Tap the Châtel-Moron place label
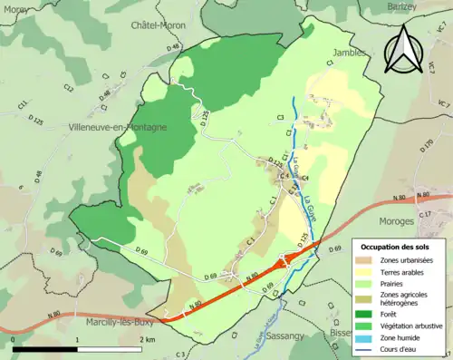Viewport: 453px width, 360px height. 158,24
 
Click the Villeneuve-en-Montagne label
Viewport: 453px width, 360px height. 117,128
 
